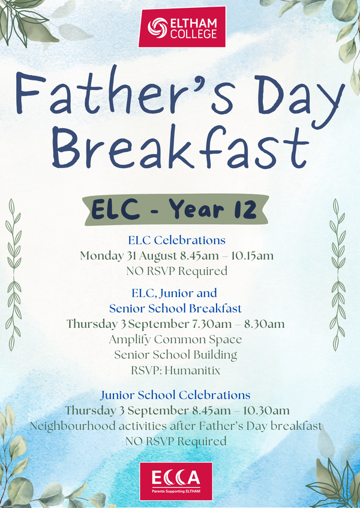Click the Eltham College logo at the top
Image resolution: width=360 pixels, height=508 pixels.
pos(182,27)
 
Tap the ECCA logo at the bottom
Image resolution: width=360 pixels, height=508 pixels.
pos(176,481)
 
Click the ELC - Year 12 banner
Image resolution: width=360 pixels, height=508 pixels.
pos(176,210)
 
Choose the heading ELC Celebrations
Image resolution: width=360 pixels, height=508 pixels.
pos(177,240)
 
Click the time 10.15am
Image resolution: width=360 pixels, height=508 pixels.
pos(252,256)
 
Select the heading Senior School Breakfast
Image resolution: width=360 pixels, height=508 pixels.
pos(175,308)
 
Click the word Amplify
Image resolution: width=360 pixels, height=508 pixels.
pos(130,340)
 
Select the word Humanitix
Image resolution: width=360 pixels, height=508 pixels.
pos(193,370)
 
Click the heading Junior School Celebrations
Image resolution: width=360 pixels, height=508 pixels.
pos(175,395)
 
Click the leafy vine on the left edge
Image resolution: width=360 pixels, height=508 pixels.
pos(13,274)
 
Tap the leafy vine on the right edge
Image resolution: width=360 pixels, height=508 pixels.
pos(338,274)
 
